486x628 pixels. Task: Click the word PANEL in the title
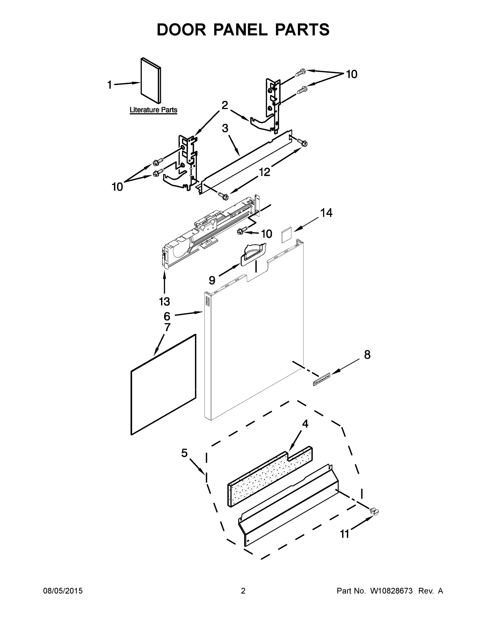pos(241,30)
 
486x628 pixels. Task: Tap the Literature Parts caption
pos(153,110)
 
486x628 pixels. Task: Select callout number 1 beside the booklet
pos(110,85)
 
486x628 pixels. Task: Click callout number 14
pos(326,213)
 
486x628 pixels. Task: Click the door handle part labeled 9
pos(253,253)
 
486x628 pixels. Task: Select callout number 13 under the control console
pos(164,302)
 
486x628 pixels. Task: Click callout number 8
pos(367,355)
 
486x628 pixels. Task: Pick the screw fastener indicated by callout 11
pos(374,511)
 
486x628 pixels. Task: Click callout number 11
pos(344,534)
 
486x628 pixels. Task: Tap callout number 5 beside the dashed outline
pos(184,453)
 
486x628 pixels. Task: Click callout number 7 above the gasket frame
pos(167,327)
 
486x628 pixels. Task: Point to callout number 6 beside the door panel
pos(167,316)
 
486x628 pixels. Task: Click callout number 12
pos(264,172)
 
